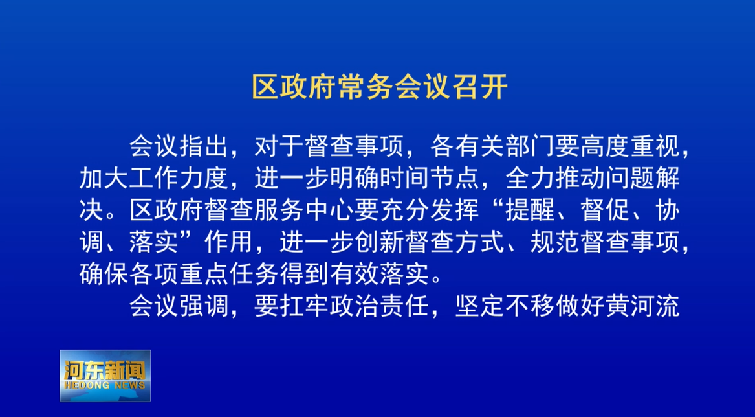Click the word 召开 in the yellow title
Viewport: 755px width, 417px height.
481,87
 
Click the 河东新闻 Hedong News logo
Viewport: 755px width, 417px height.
105,376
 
